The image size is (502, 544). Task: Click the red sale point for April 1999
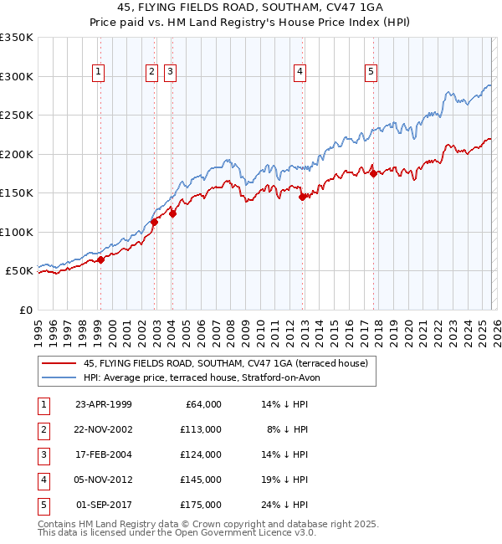[100, 260]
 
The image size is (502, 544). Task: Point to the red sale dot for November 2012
[303, 198]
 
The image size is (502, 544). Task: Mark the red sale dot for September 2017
[373, 174]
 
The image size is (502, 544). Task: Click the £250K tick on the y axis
[17, 115]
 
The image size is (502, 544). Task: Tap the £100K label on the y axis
[17, 232]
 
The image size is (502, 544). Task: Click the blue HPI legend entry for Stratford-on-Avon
[202, 377]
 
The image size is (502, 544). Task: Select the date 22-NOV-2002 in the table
[104, 429]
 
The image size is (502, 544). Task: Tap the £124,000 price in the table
[201, 454]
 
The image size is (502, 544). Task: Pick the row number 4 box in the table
[42, 480]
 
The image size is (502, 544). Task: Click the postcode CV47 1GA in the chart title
[359, 10]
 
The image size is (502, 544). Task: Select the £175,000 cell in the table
[201, 505]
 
